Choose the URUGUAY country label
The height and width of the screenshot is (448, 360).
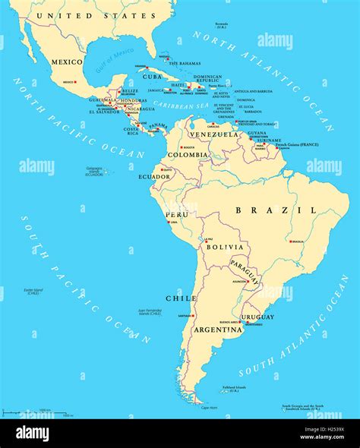[257, 316]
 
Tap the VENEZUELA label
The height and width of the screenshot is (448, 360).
[214, 134]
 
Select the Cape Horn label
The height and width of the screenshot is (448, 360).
[210, 408]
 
